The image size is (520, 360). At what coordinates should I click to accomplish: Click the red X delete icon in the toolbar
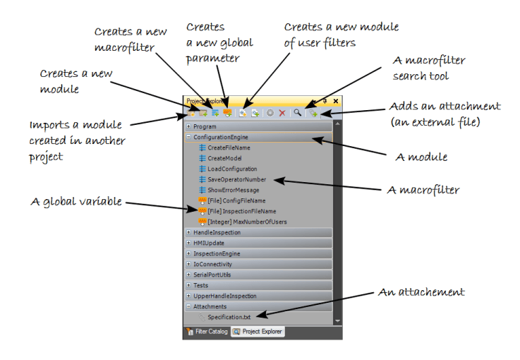(282, 113)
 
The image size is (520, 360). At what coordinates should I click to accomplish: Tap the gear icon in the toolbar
(270, 113)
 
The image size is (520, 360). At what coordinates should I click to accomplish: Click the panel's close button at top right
(336, 102)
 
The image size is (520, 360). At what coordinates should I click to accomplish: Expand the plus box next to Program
(188, 127)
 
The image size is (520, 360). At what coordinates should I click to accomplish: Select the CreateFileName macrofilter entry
(229, 148)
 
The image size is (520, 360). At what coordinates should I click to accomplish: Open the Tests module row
(201, 285)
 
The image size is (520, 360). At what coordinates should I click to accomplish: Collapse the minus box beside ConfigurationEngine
(188, 137)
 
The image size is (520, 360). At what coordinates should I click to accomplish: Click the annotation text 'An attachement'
(423, 292)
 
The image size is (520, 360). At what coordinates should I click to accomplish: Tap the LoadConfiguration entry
(232, 169)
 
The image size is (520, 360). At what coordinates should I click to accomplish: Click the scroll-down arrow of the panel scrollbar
(337, 320)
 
